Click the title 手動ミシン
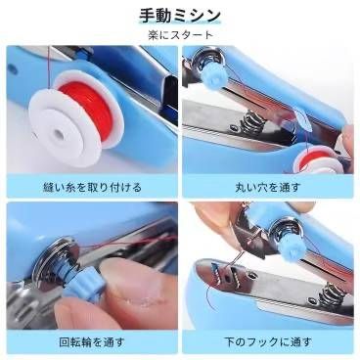pos(180,16)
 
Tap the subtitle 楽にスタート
pos(180,34)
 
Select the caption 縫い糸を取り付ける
pos(92,187)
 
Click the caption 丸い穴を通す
pos(268,188)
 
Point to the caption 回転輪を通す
pos(92,342)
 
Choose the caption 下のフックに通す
pos(268,342)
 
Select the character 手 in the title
pos(148,16)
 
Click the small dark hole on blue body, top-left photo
pos(12,68)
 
